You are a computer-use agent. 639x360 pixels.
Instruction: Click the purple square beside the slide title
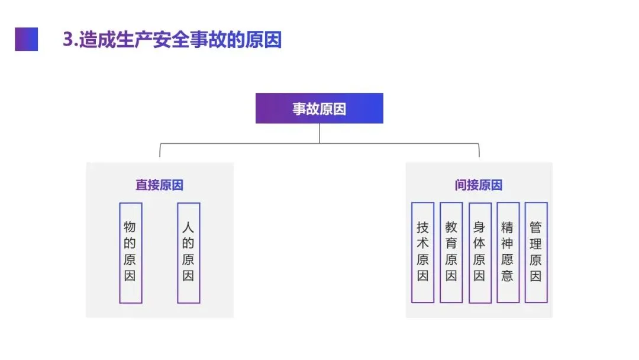tap(26, 39)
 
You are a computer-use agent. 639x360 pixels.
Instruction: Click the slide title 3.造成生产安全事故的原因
tap(172, 40)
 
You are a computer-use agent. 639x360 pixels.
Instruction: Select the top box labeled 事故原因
tap(319, 108)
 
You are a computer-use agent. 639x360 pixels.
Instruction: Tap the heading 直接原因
tap(159, 185)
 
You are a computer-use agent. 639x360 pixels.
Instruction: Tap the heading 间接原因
tap(479, 185)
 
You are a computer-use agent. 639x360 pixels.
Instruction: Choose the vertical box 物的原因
tap(130, 253)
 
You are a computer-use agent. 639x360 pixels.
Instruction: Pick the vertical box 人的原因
tap(188, 253)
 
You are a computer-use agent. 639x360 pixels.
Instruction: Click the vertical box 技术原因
tap(422, 253)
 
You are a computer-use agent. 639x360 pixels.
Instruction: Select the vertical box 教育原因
tap(451, 253)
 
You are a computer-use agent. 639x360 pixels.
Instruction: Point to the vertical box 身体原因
tap(479, 253)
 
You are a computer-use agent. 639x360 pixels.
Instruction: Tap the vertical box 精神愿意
tap(508, 253)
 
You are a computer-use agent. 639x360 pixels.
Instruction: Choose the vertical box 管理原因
tap(535, 253)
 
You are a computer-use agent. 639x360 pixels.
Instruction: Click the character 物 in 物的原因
tap(130, 227)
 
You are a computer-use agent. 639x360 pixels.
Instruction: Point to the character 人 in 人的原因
tap(188, 227)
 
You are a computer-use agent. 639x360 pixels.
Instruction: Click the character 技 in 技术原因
tap(422, 227)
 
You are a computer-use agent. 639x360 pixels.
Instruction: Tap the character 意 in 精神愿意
tap(508, 276)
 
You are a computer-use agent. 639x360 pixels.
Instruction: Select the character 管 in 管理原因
tap(535, 227)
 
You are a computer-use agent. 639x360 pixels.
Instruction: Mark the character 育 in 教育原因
tap(451, 243)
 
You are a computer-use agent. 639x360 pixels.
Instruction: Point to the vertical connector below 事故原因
tap(319, 133)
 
